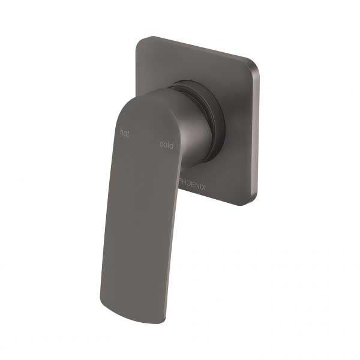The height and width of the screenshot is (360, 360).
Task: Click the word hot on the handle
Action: pos(124,133)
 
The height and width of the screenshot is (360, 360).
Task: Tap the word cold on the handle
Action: pos(166,145)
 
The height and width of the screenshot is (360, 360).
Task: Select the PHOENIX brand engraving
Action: pos(192,187)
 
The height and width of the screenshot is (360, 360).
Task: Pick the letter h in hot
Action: pos(121,132)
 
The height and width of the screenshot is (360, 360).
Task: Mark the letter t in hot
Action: pos(128,133)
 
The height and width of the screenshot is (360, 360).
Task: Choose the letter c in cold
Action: pos(161,145)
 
